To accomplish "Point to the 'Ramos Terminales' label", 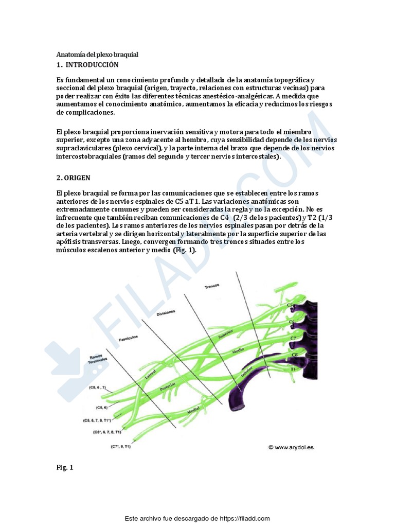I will [97, 359].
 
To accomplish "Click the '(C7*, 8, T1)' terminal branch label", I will [120, 447].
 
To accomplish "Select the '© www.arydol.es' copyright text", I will [291, 447].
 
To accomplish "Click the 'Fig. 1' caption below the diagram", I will [65, 468].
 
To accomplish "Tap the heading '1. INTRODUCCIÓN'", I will [87, 64].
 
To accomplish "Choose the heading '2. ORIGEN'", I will [73, 178].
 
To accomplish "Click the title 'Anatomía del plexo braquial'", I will [97, 54].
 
